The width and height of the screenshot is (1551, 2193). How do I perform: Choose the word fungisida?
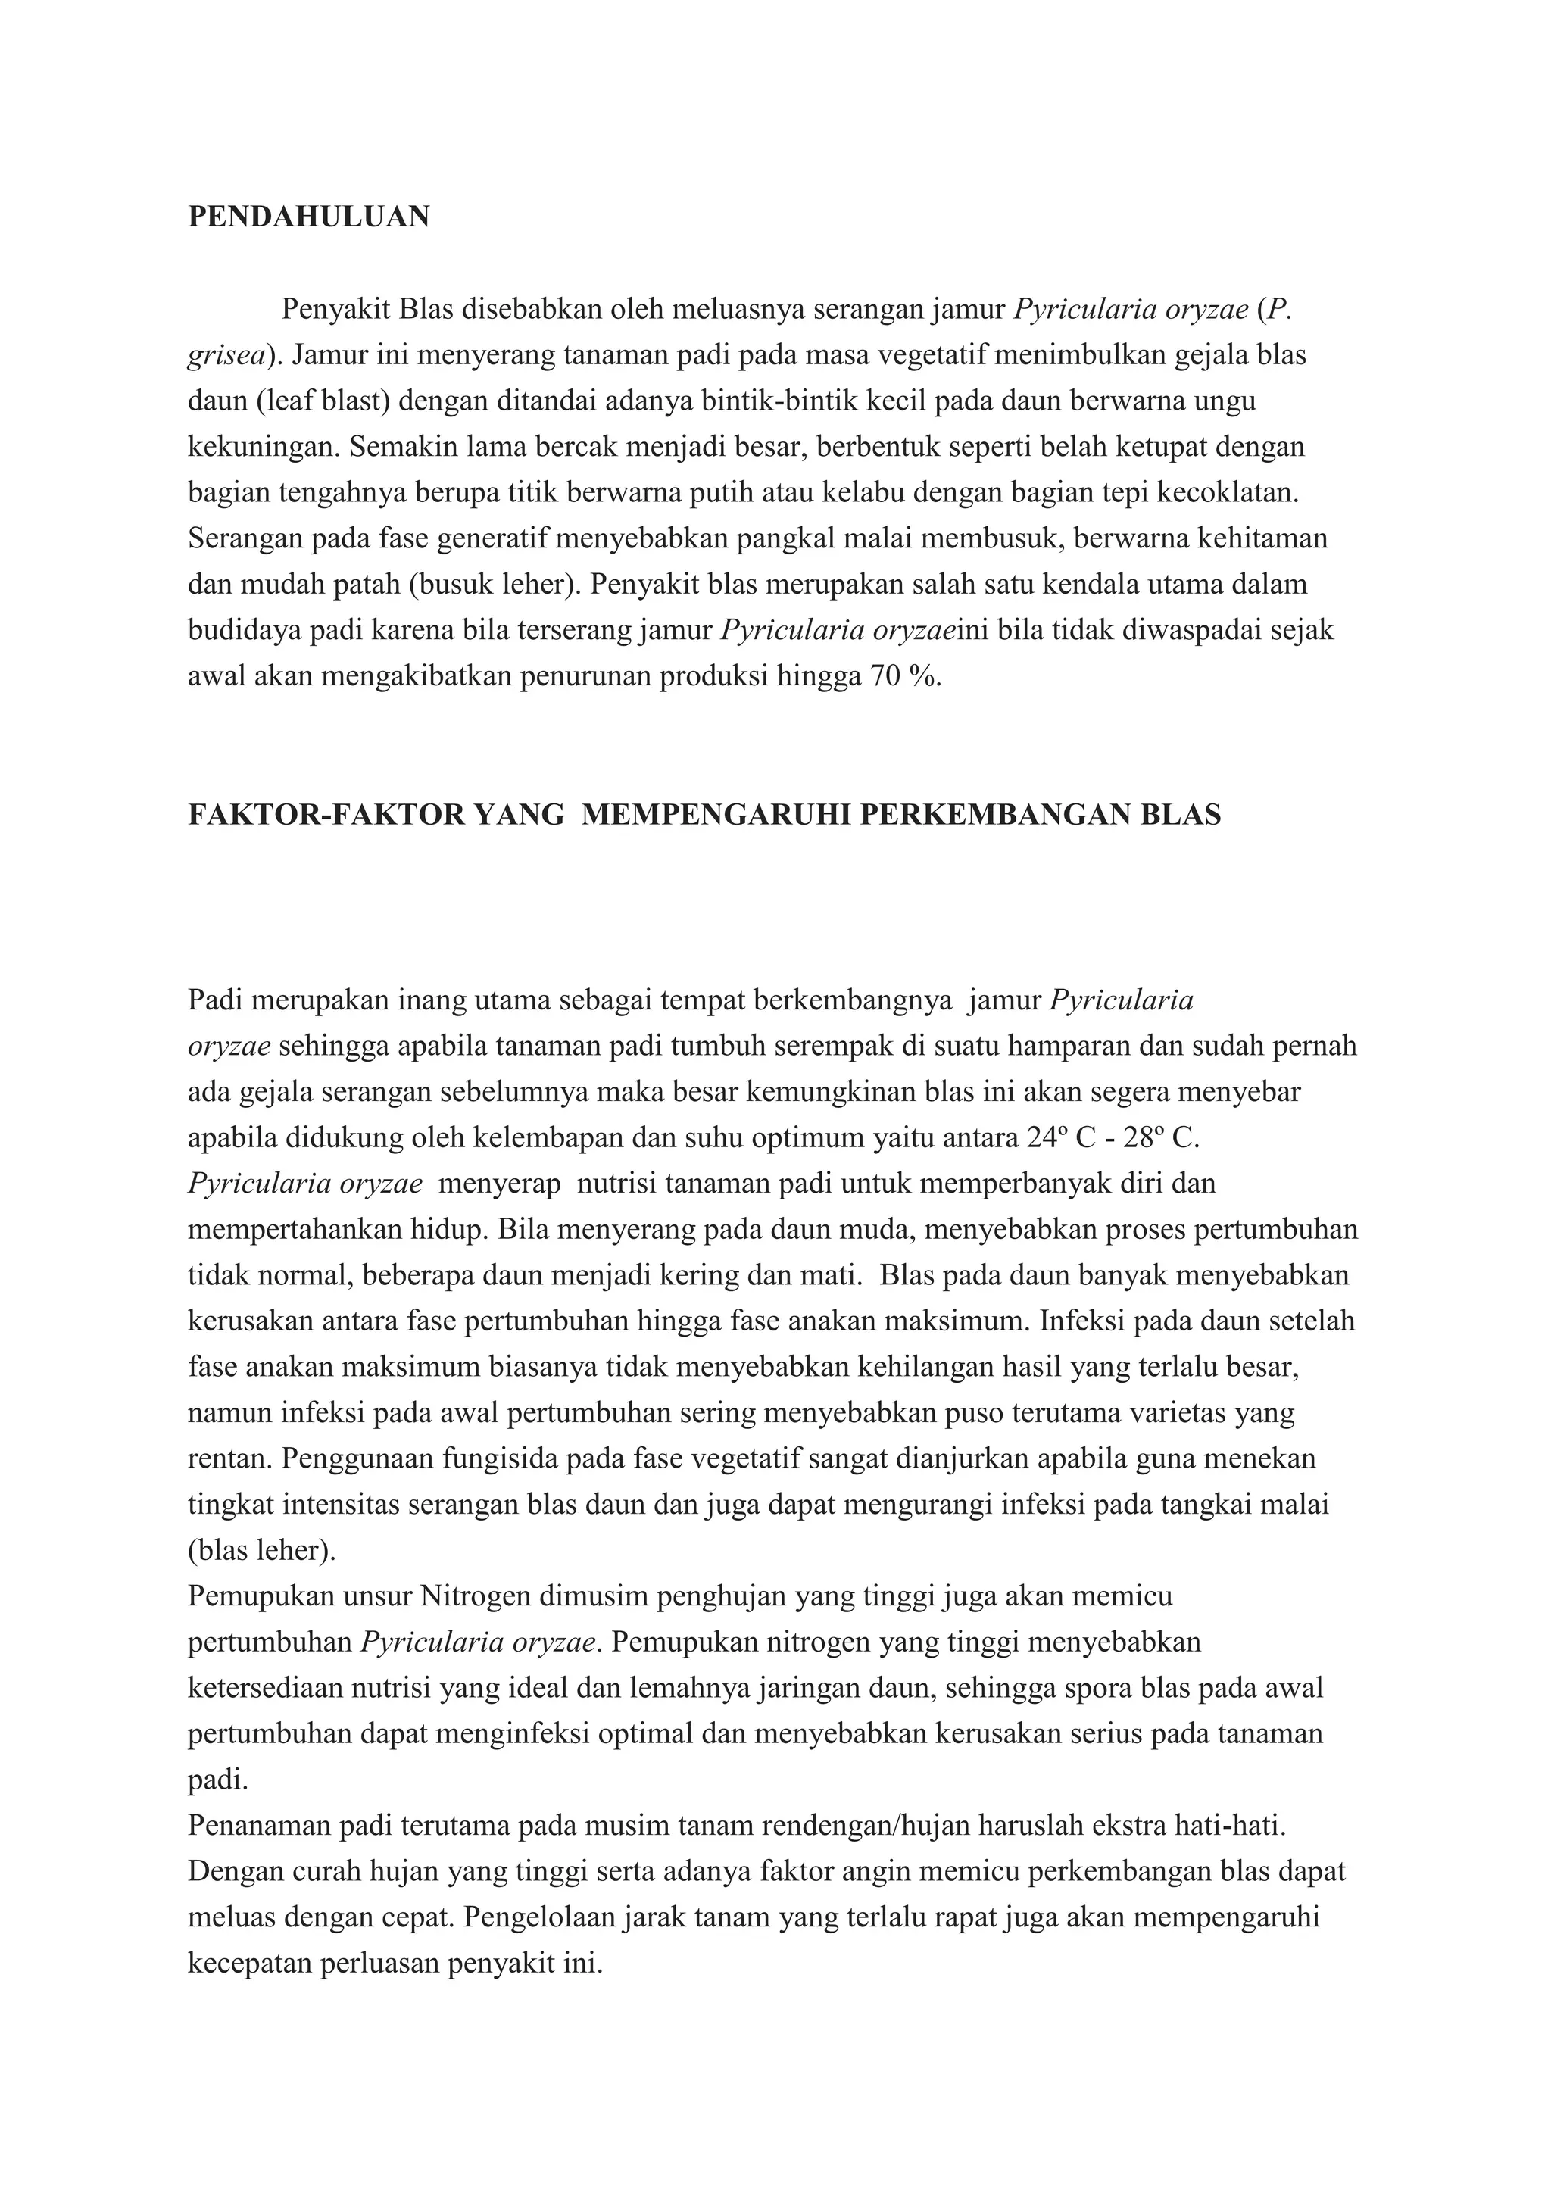tap(498, 1458)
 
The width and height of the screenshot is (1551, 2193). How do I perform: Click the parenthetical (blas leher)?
tap(262, 1550)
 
